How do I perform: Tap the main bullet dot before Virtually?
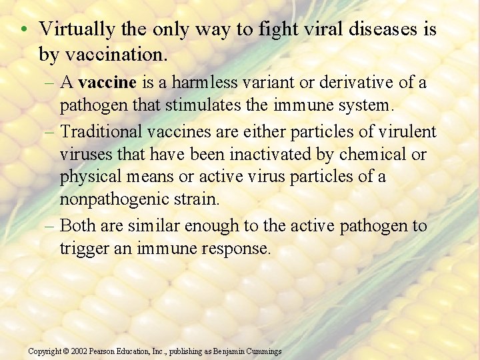tap(23, 30)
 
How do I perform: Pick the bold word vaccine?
tap(107, 83)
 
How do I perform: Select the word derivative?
tap(355, 83)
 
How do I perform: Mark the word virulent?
tap(409, 132)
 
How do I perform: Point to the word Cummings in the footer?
tap(263, 351)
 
